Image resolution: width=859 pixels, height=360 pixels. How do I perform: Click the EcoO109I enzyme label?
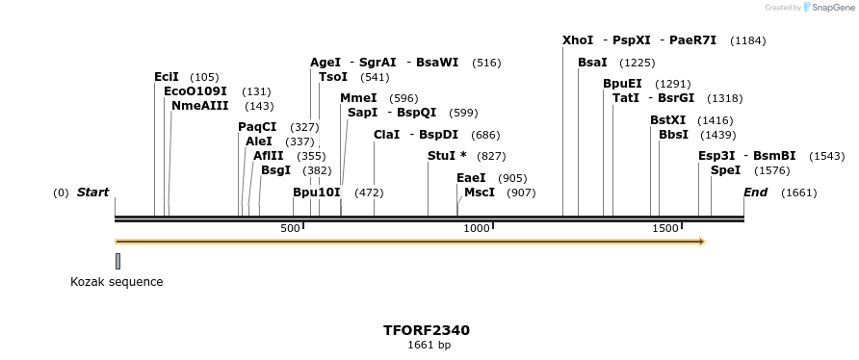click(x=195, y=91)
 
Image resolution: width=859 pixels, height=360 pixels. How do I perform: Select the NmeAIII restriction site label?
click(x=200, y=106)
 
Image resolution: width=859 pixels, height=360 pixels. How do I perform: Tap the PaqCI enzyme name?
click(x=257, y=127)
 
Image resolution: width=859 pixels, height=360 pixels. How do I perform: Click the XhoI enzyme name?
click(x=578, y=40)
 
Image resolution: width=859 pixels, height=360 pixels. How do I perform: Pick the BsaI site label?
click(x=592, y=63)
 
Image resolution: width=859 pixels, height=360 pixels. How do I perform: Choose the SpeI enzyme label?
click(x=725, y=170)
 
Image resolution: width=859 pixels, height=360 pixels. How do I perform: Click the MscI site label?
click(x=480, y=193)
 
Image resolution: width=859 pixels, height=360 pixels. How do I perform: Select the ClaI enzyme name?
click(x=386, y=135)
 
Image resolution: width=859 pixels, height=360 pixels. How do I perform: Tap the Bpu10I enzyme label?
click(x=317, y=193)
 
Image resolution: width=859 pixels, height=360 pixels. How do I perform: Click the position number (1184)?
click(x=748, y=40)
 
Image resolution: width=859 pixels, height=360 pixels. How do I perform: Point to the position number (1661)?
click(x=798, y=193)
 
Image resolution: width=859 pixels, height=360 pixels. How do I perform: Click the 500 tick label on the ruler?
click(x=290, y=228)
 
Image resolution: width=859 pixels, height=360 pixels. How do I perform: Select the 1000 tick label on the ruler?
click(x=477, y=228)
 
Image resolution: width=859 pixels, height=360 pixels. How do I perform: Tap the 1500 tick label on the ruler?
click(x=665, y=228)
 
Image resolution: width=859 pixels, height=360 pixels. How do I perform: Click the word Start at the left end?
click(x=92, y=193)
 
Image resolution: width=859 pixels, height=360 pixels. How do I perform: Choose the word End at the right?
click(x=755, y=193)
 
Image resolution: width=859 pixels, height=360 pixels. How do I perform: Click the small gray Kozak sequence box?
click(x=117, y=261)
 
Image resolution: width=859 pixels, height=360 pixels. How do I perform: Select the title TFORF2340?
click(x=427, y=330)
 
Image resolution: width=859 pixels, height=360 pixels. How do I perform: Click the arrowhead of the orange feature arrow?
click(x=701, y=242)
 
